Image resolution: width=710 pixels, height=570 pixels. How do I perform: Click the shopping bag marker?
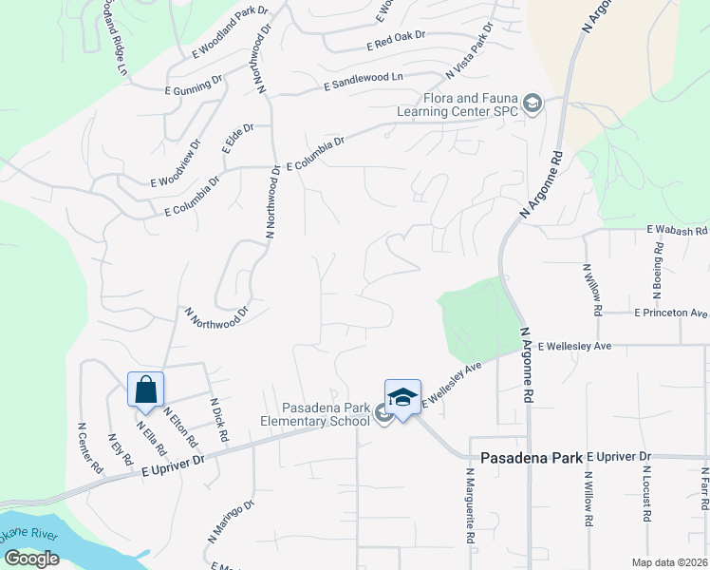pyautogui.click(x=146, y=389)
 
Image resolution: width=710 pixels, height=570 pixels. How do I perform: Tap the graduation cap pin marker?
pyautogui.click(x=402, y=397)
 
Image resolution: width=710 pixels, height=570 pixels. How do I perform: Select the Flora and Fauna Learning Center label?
pyautogui.click(x=476, y=103)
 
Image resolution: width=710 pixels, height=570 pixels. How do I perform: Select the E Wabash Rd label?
pyautogui.click(x=678, y=231)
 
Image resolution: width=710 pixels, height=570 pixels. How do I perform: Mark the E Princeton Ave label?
pyautogui.click(x=671, y=313)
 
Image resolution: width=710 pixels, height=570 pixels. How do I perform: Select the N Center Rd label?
pyautogui.click(x=89, y=448)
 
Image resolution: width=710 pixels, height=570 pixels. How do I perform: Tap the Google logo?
pyautogui.click(x=31, y=558)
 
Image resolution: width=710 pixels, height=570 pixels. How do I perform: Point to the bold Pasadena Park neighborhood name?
pyautogui.click(x=531, y=457)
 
